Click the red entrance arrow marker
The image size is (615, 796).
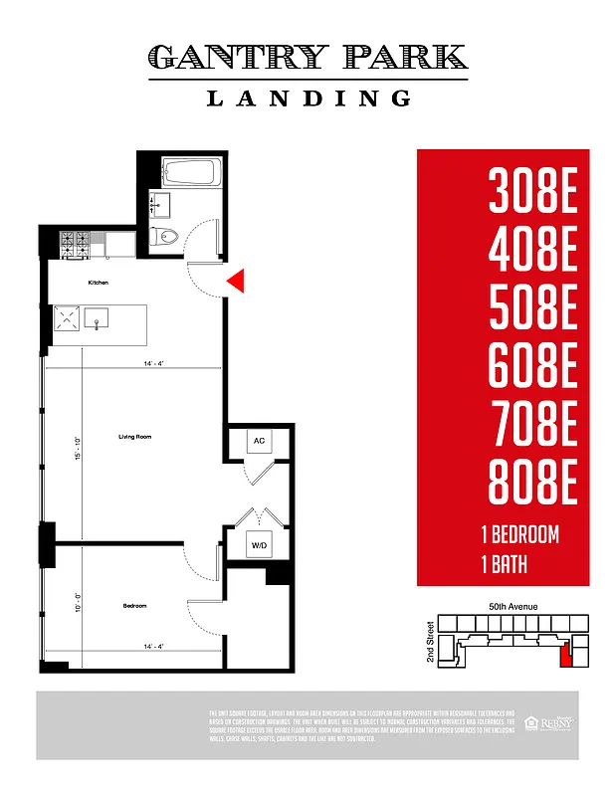click(236, 282)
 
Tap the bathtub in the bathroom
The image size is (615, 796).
click(187, 173)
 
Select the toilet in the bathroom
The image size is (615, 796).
click(165, 237)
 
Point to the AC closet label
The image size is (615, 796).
click(259, 440)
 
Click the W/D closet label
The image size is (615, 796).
click(259, 545)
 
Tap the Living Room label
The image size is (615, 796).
click(134, 437)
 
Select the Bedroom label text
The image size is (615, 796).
click(134, 605)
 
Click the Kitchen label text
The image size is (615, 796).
click(97, 284)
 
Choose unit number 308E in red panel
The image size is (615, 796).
click(532, 193)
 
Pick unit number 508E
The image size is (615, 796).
click(532, 309)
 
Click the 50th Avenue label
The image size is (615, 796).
click(512, 605)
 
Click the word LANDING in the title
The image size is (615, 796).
click(307, 98)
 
